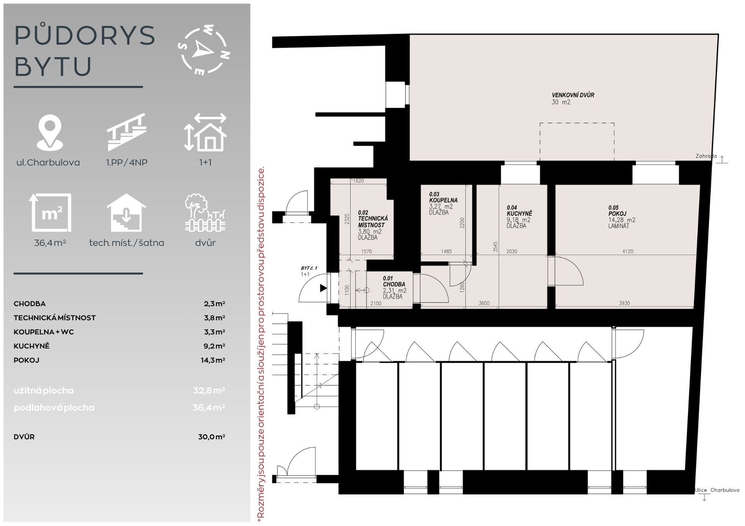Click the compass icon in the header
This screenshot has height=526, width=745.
pos(204,50)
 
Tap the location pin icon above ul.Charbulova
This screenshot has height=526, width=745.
pos(50,133)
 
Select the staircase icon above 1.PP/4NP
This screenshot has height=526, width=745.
pos(126,132)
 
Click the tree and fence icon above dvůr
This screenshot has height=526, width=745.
pos(205,213)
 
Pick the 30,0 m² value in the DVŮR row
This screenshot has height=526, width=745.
pos(211,436)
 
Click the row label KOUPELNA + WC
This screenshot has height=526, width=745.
pos(43,332)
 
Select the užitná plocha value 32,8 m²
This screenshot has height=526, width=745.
pos(209,390)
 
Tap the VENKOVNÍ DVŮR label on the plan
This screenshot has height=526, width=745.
pos(573,95)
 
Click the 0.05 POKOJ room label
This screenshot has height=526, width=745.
pos(617,210)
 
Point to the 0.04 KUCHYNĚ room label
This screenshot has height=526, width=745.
pos(519,210)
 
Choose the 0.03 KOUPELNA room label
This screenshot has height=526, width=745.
pos(443,197)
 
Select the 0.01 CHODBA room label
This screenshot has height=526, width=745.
pos(394,281)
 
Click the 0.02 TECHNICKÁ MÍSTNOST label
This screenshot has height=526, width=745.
pos(372,219)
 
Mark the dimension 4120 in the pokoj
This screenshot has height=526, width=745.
pos(627,251)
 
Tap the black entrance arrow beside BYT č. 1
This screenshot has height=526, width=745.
pos(323,288)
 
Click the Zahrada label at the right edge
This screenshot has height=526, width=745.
pos(706,156)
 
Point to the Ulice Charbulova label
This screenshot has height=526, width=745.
pos(717,490)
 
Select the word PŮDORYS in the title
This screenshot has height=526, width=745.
pos(85,36)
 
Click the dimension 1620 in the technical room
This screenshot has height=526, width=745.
pos(358,181)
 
